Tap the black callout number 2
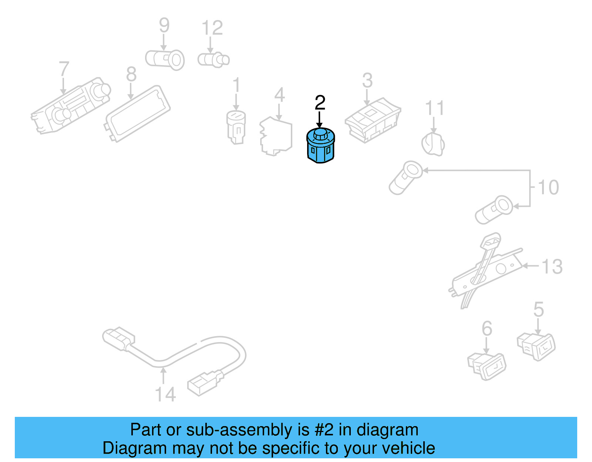coord(320,102)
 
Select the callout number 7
coord(64,69)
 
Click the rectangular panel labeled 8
coord(138,113)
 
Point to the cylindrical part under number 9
coord(165,60)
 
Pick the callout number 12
coord(212,28)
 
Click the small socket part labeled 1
coord(236,127)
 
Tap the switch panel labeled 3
coord(373,119)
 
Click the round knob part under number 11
coord(433,144)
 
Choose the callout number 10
coord(548,188)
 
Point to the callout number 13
coord(552,267)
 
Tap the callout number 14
coord(165,395)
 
